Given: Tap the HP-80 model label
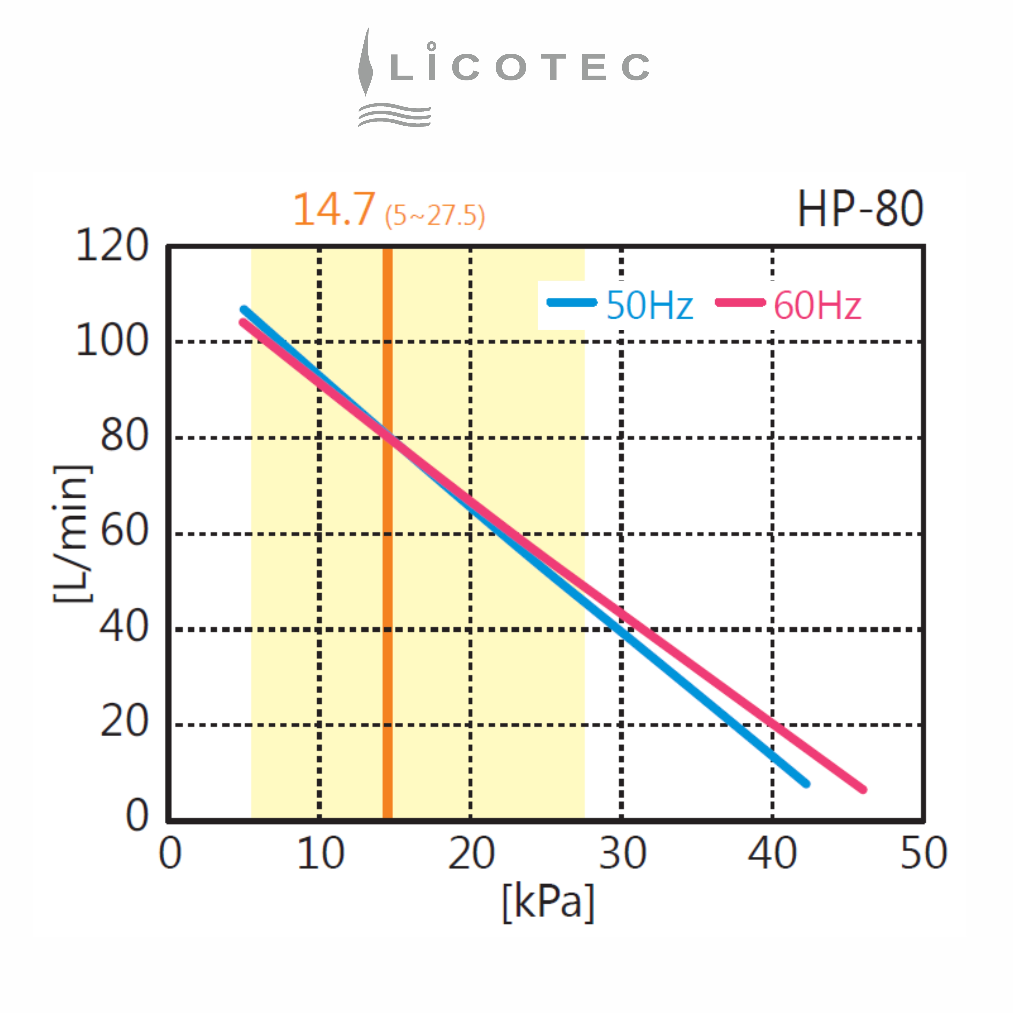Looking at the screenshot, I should coord(860,209).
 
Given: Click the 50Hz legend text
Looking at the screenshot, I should coord(649,305).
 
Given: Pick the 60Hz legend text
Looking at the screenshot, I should coord(817,305).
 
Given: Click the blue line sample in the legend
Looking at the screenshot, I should coord(571,303).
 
